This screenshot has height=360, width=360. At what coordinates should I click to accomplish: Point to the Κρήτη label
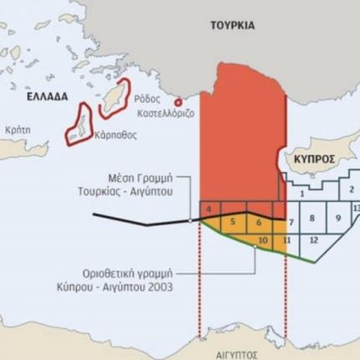18,131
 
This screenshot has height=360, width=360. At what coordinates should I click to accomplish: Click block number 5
232,222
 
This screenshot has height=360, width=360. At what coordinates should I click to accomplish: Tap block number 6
259,222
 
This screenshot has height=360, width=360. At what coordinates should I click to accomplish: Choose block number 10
262,240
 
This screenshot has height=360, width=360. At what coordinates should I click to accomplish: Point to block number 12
313,240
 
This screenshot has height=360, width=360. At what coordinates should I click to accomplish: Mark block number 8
311,219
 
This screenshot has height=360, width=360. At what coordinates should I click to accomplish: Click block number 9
339,219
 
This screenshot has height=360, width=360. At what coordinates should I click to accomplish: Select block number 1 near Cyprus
301,193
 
